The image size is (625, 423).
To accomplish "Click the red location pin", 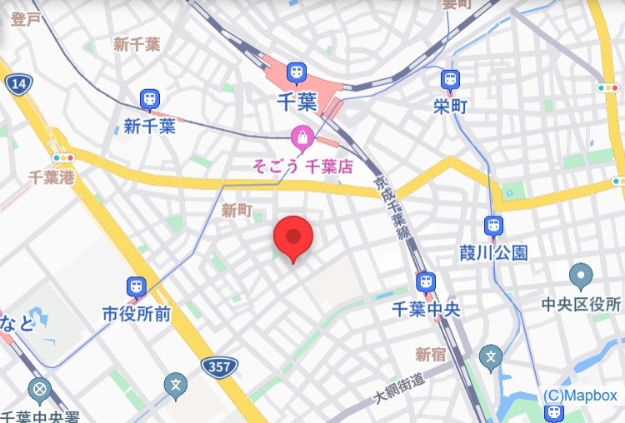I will pyautogui.click(x=292, y=237).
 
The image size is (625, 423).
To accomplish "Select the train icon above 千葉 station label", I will pyautogui.click(x=297, y=75).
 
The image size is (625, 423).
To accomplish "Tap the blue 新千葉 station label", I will pyautogui.click(x=150, y=127).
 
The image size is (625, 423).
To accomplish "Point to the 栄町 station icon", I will pyautogui.click(x=451, y=80).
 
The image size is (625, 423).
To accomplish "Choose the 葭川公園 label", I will pyautogui.click(x=493, y=252).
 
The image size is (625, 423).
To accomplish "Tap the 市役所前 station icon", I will pyautogui.click(x=136, y=288).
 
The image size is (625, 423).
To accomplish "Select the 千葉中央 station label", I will pyautogui.click(x=427, y=309).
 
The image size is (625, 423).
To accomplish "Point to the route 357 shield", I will pyautogui.click(x=220, y=366).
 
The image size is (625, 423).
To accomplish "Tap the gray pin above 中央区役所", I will pyautogui.click(x=581, y=275).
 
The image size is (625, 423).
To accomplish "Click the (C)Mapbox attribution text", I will pyautogui.click(x=581, y=396).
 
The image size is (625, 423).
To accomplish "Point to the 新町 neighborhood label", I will pyautogui.click(x=237, y=211).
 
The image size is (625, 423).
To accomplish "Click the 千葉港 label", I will pyautogui.click(x=52, y=177).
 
